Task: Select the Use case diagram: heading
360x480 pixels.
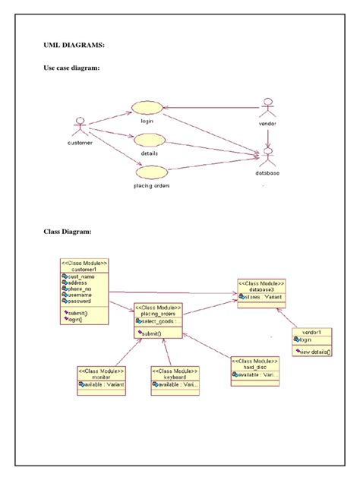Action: pos(72,68)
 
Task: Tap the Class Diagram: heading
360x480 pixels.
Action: pos(68,231)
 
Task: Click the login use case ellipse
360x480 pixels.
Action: pos(147,108)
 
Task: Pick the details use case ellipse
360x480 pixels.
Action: pos(149,140)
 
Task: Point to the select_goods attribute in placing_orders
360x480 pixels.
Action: pos(157,321)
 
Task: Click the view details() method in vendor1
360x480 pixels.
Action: pos(314,352)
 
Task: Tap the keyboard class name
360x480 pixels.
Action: pos(175,377)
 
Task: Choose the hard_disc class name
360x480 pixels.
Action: pos(253,366)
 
